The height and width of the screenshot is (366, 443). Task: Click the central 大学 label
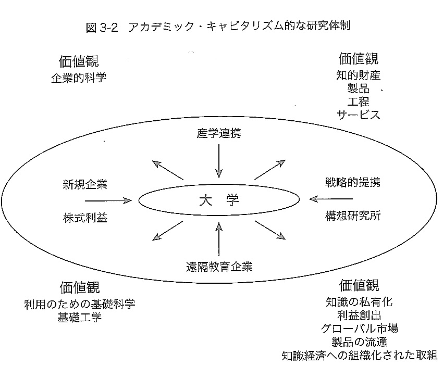pos(219,200)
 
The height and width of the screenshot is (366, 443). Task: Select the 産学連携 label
pos(219,133)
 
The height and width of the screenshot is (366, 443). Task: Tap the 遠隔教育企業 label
pos(219,267)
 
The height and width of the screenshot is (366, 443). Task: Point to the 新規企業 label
pos(85,184)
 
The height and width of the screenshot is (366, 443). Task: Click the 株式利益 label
pos(85,218)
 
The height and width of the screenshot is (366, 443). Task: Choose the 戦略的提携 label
pos(353,182)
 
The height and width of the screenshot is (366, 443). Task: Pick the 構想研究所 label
pos(353,216)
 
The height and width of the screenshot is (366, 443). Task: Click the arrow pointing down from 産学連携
pos(219,161)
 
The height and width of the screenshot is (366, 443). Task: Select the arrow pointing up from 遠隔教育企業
pos(219,239)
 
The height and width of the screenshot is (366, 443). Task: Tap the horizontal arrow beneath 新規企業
pos(108,200)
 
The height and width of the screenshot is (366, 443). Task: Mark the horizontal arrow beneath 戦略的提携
pos(331,199)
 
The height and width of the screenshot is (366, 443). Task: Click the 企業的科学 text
pos(79,78)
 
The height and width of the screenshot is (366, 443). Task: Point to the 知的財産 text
pos(358,75)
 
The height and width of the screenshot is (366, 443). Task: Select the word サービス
pos(358,115)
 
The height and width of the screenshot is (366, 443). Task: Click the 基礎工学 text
pos(79,317)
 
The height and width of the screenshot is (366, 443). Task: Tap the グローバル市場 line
pos(359,328)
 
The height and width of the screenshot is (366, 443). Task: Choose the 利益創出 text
pos(359,315)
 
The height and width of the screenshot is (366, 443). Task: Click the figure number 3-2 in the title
pos(109,28)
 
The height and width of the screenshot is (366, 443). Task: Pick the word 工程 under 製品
pos(358,102)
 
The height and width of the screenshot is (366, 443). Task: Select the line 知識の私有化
pos(359,301)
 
